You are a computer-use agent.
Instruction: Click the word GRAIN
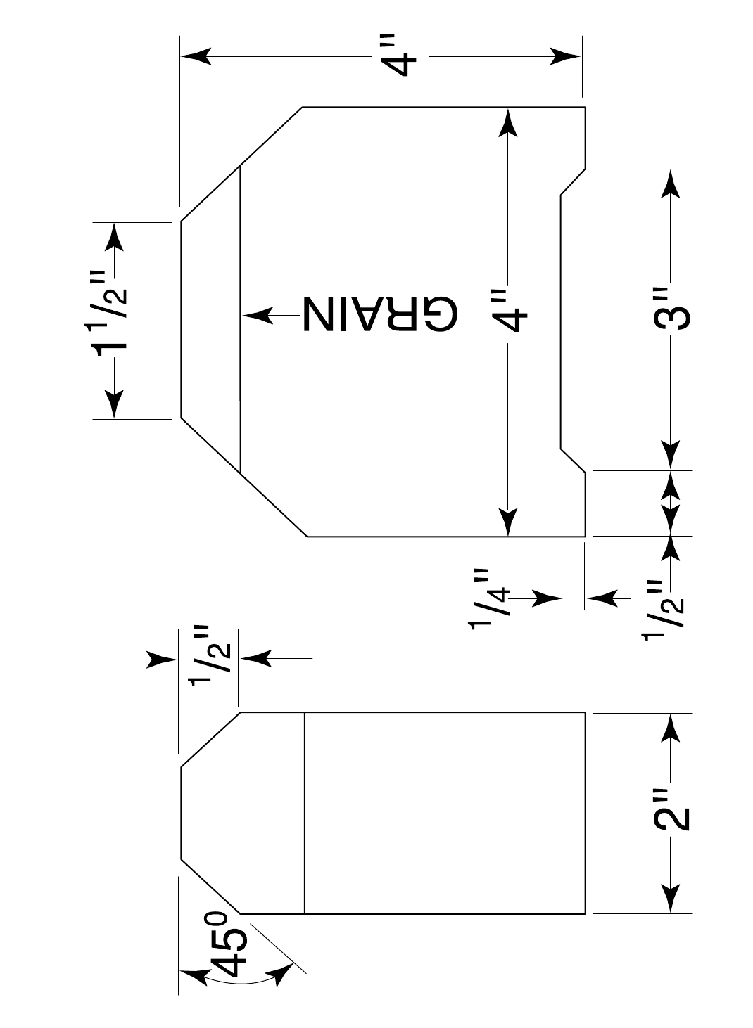coord(381,314)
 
